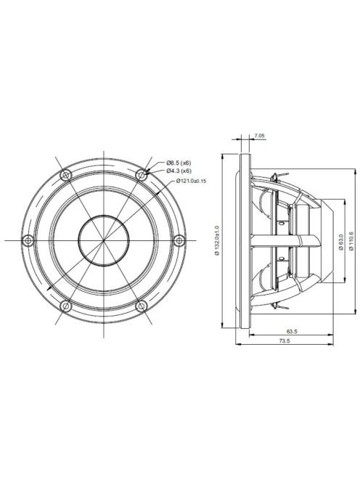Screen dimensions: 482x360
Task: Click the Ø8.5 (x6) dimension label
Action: [178, 162]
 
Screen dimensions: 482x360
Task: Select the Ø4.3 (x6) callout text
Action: [178, 171]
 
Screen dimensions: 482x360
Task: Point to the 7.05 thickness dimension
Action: [259, 136]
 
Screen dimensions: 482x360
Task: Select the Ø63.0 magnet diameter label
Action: [340, 240]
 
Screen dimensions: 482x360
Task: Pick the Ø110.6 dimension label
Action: [351, 240]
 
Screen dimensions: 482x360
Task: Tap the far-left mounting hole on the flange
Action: [28, 240]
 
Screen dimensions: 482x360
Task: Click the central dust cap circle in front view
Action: [104, 240]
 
